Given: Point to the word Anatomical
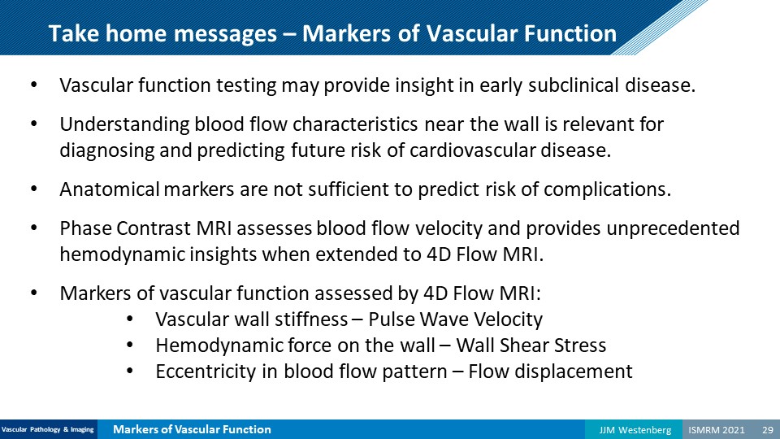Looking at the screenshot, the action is (x=110, y=189).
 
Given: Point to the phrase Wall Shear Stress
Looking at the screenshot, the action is (x=531, y=346).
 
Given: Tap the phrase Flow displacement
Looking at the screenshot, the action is (x=550, y=372).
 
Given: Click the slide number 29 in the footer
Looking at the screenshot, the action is (x=768, y=429).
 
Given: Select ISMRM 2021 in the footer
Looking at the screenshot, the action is (x=717, y=430).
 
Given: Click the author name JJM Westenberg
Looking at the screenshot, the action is (x=635, y=430).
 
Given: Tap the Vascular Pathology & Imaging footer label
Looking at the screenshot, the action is (x=48, y=429).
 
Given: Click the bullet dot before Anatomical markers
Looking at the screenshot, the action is (x=34, y=189).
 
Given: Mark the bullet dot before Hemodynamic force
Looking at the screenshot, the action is (x=130, y=345).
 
